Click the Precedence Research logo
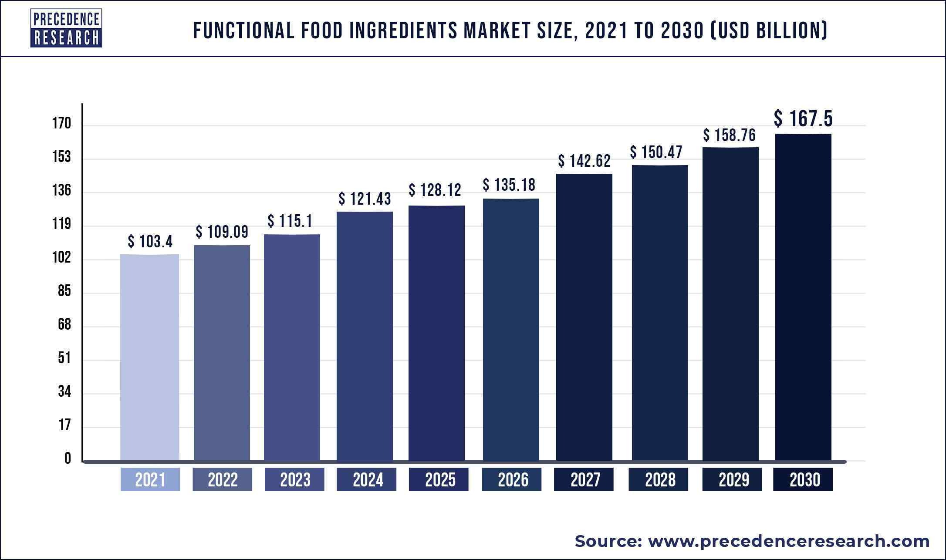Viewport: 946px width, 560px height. (x=66, y=28)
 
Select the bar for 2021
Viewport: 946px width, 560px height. (x=149, y=357)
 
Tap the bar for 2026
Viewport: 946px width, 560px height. (x=511, y=330)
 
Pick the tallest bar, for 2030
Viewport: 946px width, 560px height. (x=803, y=297)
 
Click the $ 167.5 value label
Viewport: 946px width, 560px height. (x=803, y=119)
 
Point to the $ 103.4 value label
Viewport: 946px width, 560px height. (x=150, y=241)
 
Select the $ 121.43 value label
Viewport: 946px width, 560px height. (x=365, y=199)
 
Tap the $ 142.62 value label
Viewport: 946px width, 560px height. (x=584, y=161)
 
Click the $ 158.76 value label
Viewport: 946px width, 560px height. (x=730, y=135)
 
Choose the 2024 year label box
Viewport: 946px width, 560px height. (x=367, y=479)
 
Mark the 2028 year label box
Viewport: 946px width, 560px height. (x=658, y=479)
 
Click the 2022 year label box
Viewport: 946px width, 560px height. (x=223, y=479)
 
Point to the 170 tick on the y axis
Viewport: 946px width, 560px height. (x=61, y=124)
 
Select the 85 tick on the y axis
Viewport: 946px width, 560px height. (x=64, y=291)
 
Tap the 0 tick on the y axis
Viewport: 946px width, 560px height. (x=68, y=458)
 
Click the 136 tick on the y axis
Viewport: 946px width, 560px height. (x=61, y=191)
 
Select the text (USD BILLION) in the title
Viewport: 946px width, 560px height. (x=768, y=31)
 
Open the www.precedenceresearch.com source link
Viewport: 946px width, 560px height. (x=788, y=541)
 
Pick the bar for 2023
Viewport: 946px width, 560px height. (x=292, y=347)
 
